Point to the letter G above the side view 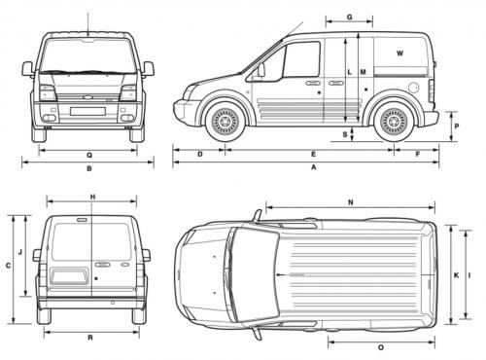coord(349,18)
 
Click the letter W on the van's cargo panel coord(399,51)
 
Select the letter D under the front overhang coord(199,154)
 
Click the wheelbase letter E coord(313,154)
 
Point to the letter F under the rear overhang coord(418,154)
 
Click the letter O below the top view coord(380,347)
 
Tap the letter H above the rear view coord(91,198)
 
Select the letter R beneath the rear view coord(89,337)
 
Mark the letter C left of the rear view coord(8,265)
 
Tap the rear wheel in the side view coord(394,122)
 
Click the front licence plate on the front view coord(87,111)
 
